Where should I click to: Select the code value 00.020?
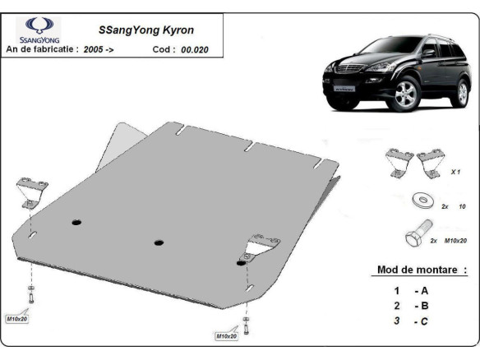point(196,49)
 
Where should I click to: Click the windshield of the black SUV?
point(397,49)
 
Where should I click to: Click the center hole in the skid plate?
point(158,242)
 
